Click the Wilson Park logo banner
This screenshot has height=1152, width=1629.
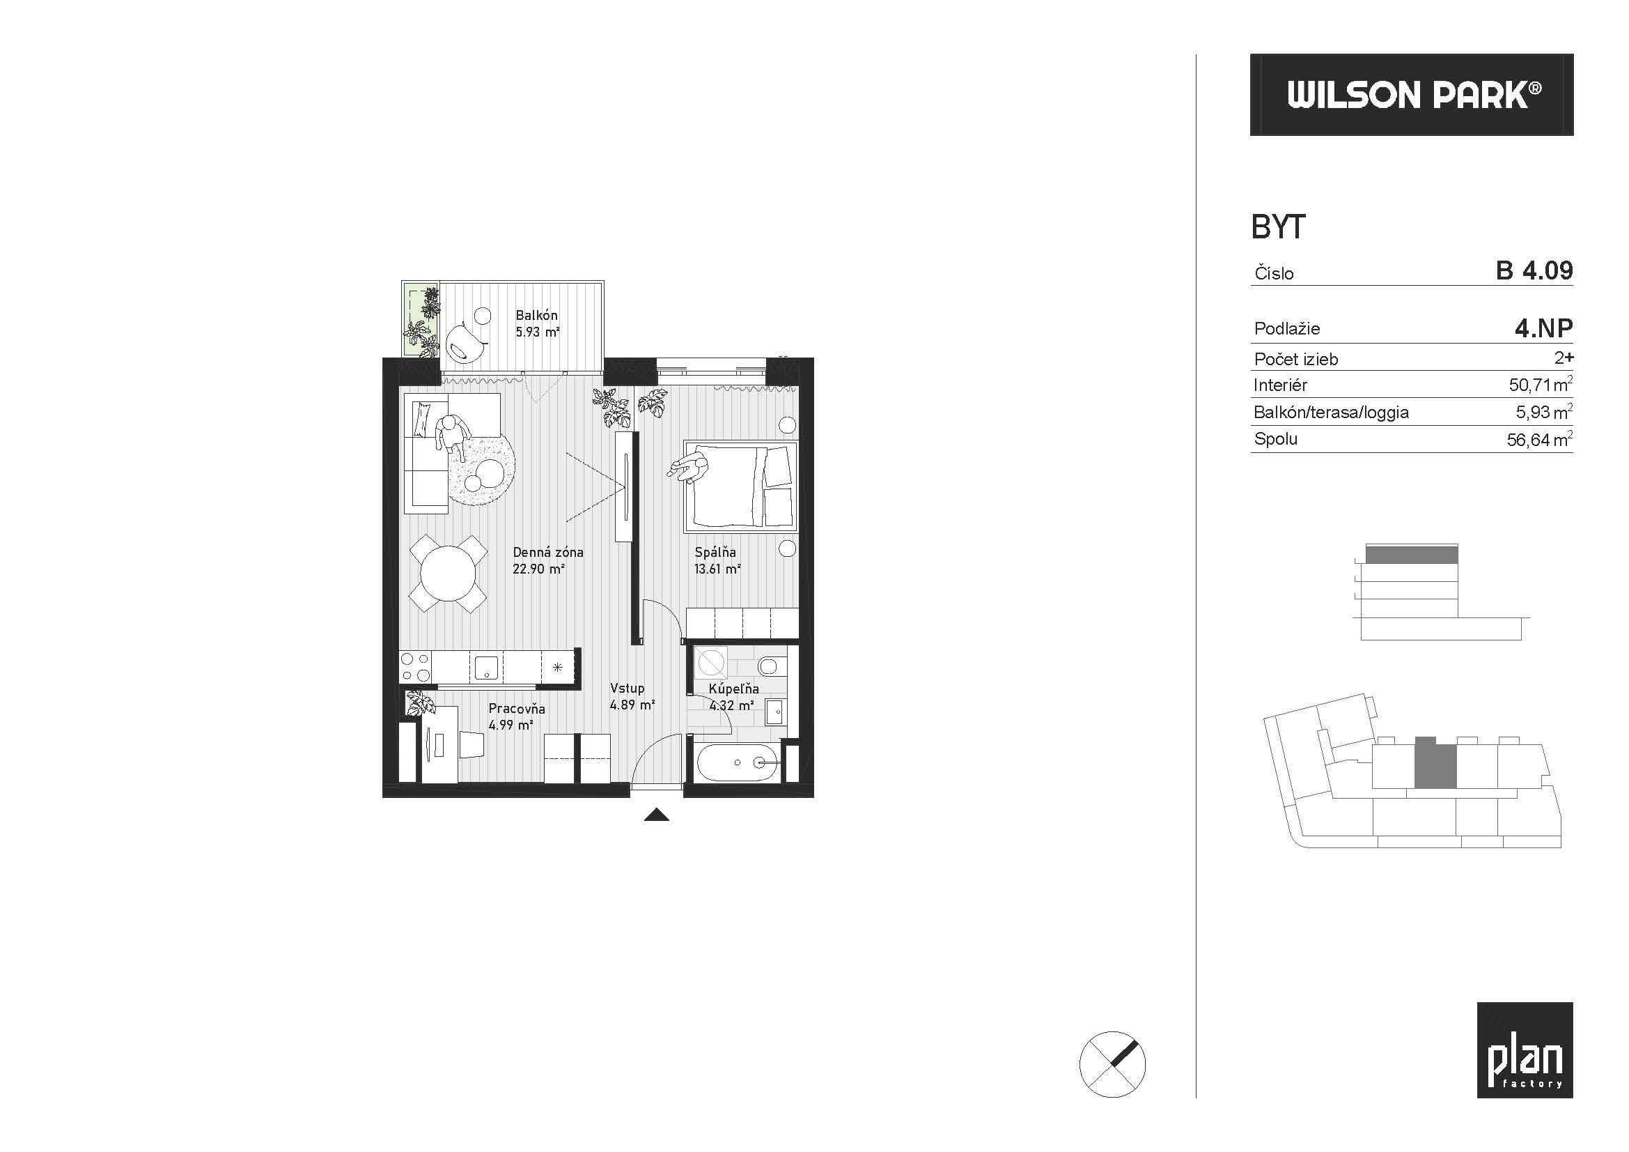[1411, 94]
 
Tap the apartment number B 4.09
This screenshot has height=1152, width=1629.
[1534, 270]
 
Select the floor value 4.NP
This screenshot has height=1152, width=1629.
[1543, 328]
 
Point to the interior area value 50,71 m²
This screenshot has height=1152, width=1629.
[1541, 385]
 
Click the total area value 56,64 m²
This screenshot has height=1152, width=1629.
[1540, 439]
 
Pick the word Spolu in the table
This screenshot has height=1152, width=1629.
[1276, 439]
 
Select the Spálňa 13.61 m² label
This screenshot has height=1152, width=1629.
[717, 560]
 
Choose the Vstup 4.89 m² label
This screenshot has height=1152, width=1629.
[632, 696]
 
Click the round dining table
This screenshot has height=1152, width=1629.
[448, 573]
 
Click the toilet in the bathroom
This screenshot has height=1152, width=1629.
[767, 666]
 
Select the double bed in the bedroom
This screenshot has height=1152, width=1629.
[740, 486]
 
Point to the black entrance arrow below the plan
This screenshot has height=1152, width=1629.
[656, 815]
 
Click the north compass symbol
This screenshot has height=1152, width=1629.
[1112, 1065]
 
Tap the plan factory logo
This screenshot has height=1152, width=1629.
[1525, 1050]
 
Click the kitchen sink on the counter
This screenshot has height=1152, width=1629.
[487, 667]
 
